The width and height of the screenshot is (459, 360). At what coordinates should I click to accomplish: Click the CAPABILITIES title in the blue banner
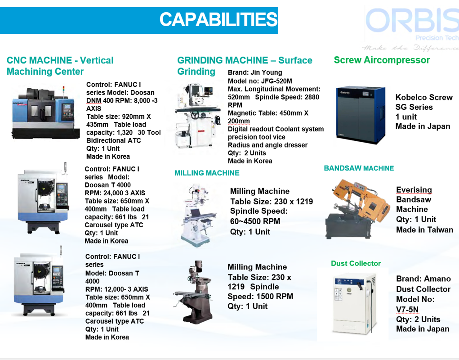(x=218, y=20)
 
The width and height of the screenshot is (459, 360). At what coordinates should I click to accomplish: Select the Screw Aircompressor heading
(x=382, y=60)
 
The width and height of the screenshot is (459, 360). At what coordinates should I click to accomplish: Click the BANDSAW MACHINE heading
(x=359, y=168)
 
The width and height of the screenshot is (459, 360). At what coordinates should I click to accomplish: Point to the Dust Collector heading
(x=356, y=264)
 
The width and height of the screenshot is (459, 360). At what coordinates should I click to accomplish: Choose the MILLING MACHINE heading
(x=207, y=173)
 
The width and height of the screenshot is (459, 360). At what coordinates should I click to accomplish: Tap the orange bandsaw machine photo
(x=357, y=208)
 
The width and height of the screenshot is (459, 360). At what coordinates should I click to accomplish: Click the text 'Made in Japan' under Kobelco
(x=423, y=126)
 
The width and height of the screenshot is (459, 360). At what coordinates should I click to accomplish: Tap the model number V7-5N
(x=407, y=310)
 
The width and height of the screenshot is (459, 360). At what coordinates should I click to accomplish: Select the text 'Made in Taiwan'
(x=424, y=230)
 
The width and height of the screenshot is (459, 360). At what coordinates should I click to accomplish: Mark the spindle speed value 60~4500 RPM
(x=255, y=221)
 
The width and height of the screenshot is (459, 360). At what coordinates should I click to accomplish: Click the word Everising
(x=414, y=190)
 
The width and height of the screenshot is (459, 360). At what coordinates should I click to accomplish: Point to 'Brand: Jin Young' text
(x=255, y=72)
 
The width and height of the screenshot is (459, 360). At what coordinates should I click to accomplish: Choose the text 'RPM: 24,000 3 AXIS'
(x=114, y=193)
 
